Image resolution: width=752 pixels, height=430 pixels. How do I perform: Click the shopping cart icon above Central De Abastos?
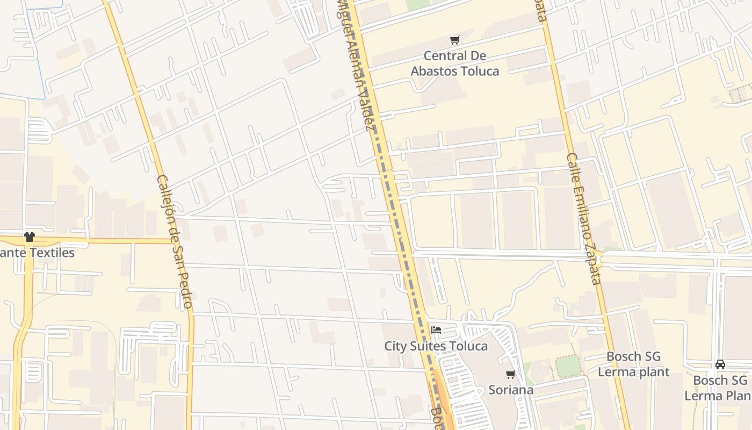click(455, 40)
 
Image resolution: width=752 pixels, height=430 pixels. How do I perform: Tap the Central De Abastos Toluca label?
click(455, 63)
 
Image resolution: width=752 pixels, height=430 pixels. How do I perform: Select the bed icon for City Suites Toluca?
click(436, 330)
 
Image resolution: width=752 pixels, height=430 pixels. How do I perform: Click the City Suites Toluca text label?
click(436, 346)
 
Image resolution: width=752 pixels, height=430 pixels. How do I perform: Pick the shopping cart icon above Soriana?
click(510, 374)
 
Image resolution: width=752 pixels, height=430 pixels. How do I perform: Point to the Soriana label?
click(511, 390)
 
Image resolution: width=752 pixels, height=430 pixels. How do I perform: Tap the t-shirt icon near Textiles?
click(29, 237)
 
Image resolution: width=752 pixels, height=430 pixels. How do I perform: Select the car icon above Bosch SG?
click(720, 364)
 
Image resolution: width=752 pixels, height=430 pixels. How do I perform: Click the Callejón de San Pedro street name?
click(175, 242)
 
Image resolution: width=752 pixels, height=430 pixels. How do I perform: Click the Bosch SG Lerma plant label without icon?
click(633, 364)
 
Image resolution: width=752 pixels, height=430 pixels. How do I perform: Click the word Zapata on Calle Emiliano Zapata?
click(592, 263)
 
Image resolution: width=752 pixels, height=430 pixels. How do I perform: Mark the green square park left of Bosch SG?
click(568, 366)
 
